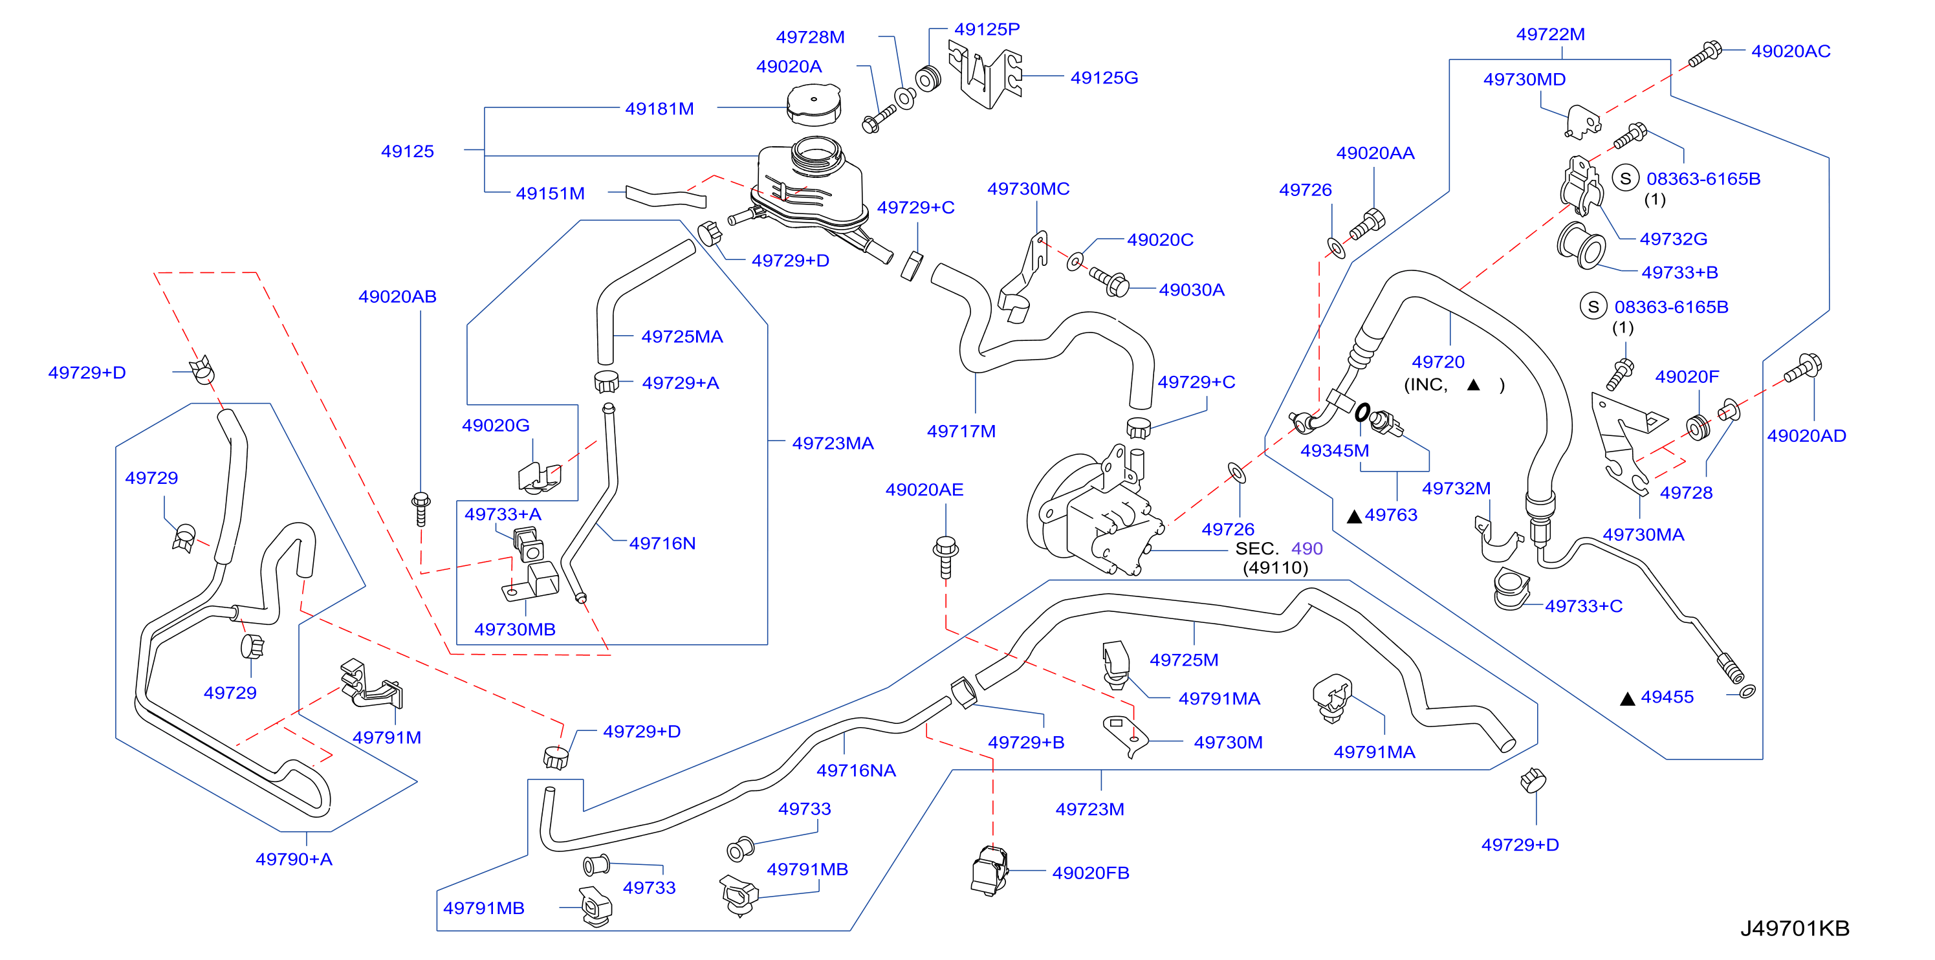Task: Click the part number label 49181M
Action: point(659,108)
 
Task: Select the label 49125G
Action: point(1104,78)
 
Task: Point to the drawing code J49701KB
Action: point(1795,928)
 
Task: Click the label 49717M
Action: point(961,431)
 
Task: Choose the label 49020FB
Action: point(1091,873)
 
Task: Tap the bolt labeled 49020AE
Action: point(946,556)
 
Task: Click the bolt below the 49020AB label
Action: point(421,508)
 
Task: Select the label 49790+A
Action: point(294,859)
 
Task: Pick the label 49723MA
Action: point(833,443)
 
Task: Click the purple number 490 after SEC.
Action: point(1307,549)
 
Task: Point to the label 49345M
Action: point(1334,451)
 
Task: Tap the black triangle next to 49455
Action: point(1628,699)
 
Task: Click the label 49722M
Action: point(1551,34)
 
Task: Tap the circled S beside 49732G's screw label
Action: point(1626,179)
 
